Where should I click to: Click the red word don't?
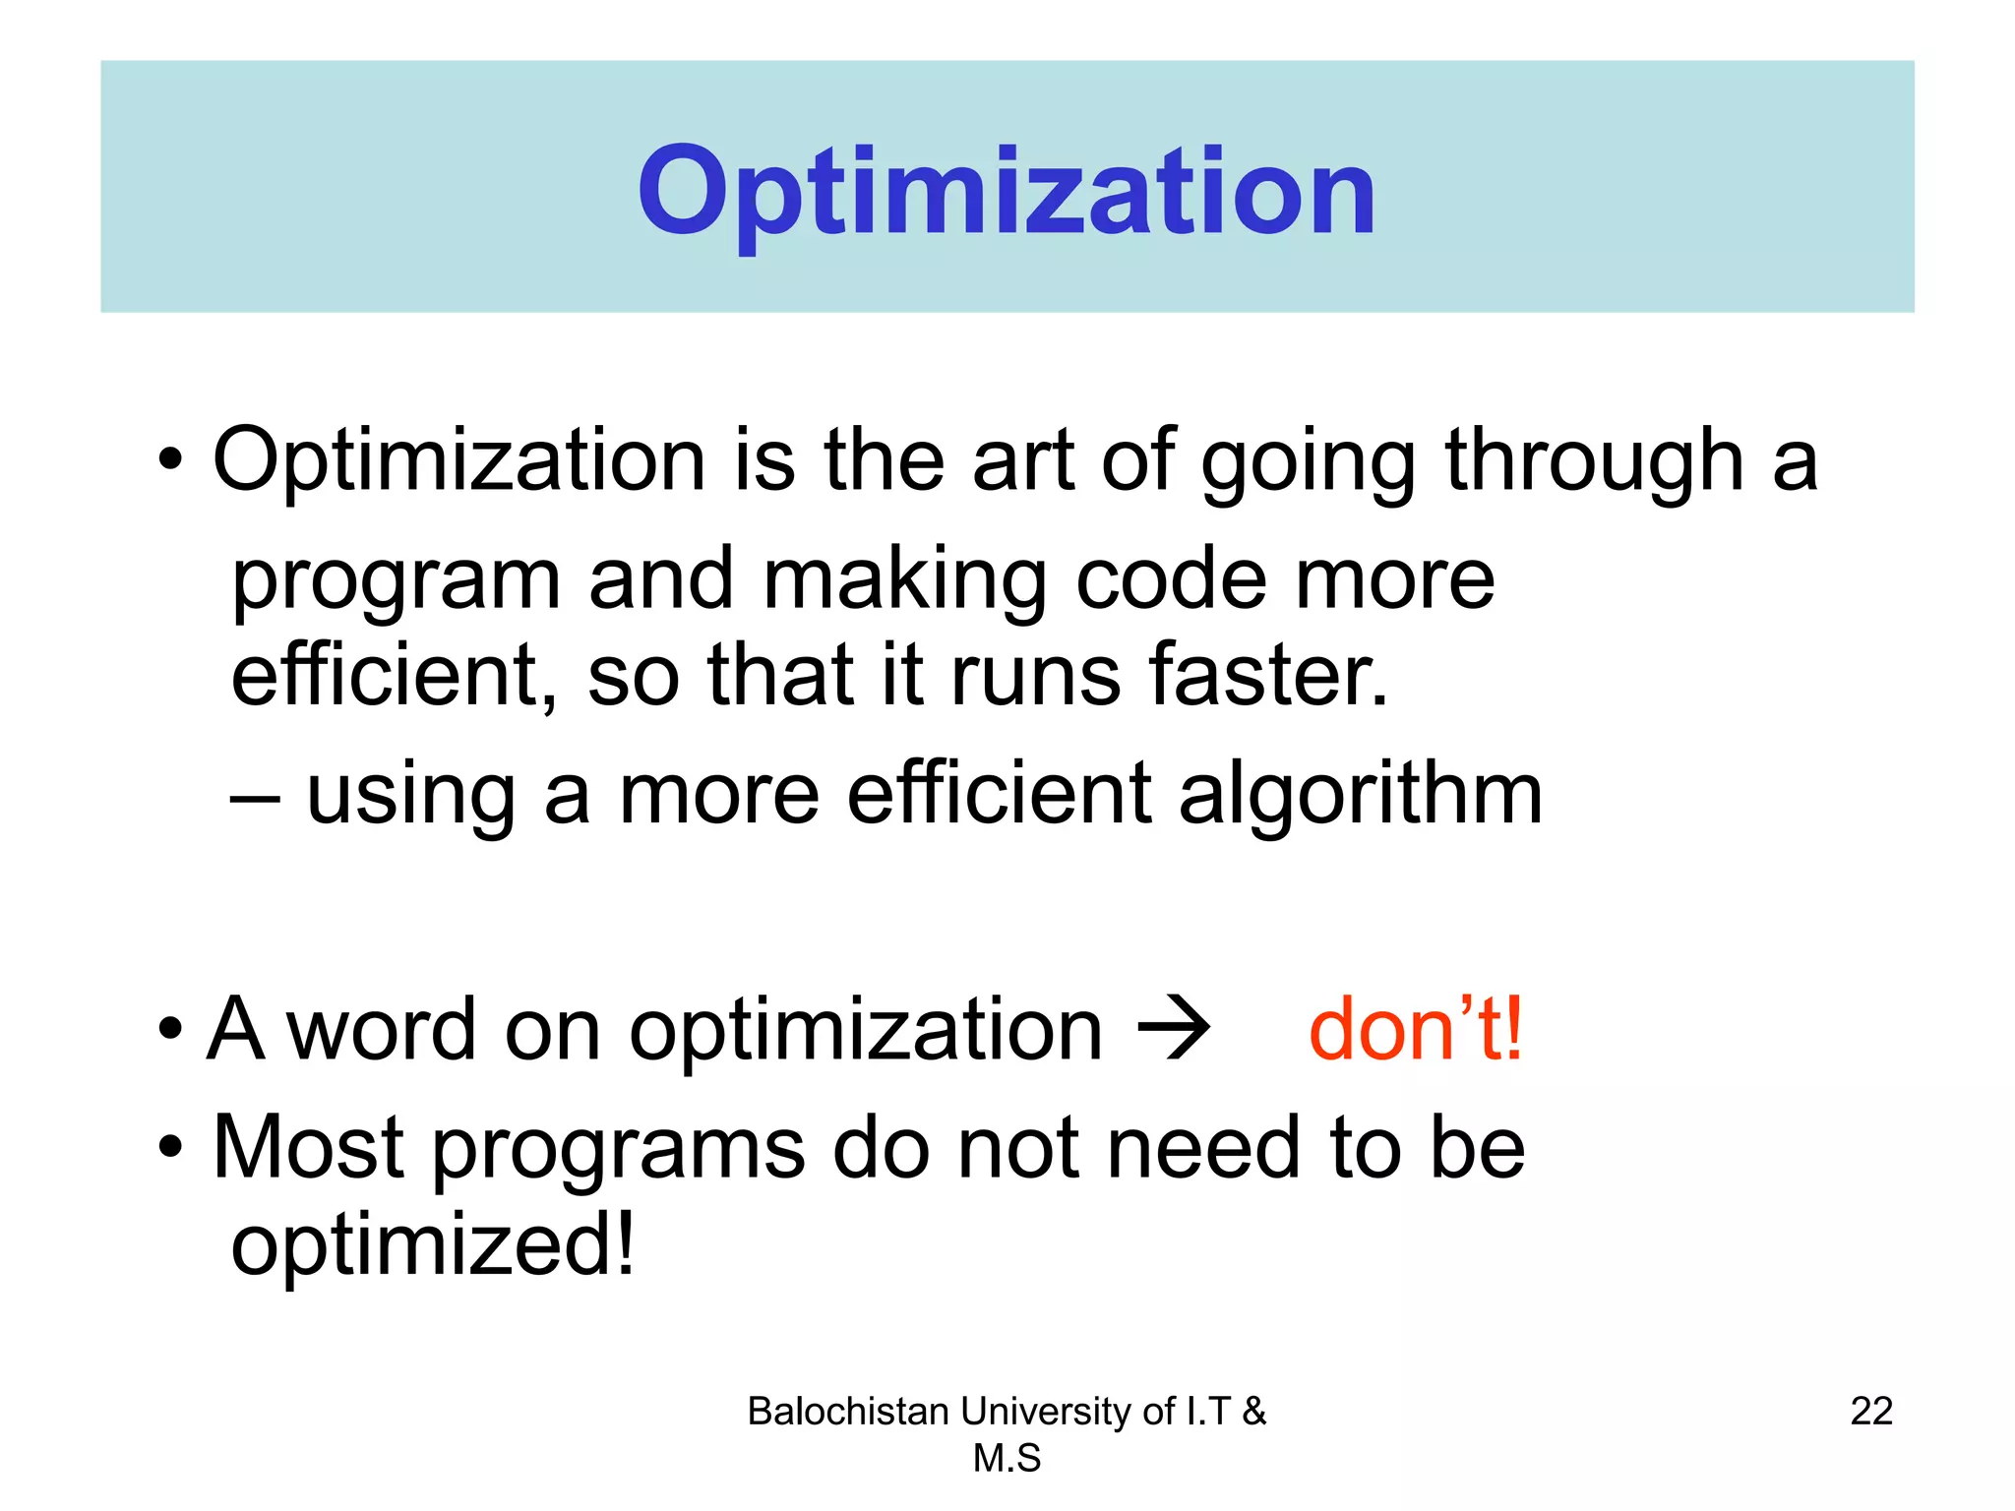pyautogui.click(x=1416, y=1029)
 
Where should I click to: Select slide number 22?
pyautogui.click(x=1871, y=1411)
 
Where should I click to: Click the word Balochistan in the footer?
pyautogui.click(x=850, y=1411)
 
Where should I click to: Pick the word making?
pyautogui.click(x=905, y=580)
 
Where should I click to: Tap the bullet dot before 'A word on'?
pyautogui.click(x=170, y=1029)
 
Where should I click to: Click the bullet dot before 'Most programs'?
pyautogui.click(x=170, y=1147)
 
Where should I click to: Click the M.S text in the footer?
pyautogui.click(x=1007, y=1458)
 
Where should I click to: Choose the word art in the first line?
pyautogui.click(x=1022, y=460)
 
